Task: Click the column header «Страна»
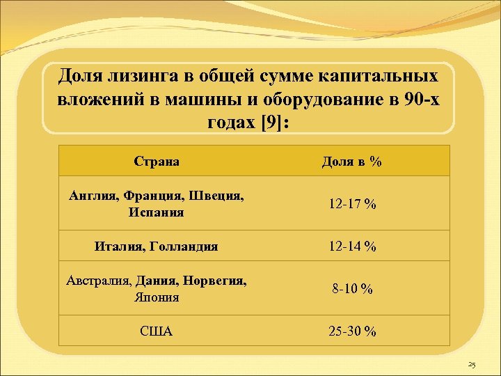point(157,162)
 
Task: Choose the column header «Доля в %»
point(351,162)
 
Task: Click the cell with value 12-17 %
point(352,204)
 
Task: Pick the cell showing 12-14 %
point(352,246)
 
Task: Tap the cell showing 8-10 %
point(352,288)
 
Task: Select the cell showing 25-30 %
point(352,331)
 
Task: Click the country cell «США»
point(157,331)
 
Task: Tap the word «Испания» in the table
point(157,212)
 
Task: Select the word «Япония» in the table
point(157,297)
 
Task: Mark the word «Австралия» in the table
point(98,281)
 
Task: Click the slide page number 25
point(471,365)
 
